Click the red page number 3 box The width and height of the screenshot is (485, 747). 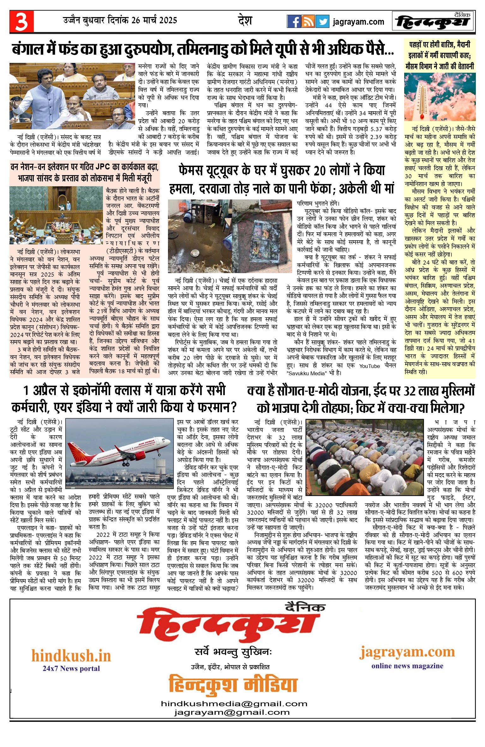21,21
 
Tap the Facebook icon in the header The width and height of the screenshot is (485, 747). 294,21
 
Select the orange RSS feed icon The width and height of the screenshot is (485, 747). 308,21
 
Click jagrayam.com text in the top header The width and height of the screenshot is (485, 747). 358,22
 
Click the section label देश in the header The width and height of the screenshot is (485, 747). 245,21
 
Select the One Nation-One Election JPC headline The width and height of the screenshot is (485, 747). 85,172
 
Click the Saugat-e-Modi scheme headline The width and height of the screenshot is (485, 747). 361,399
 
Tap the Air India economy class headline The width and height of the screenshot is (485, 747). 124,399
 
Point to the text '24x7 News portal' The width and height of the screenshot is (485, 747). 71,669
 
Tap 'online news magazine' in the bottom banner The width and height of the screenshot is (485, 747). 407,666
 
